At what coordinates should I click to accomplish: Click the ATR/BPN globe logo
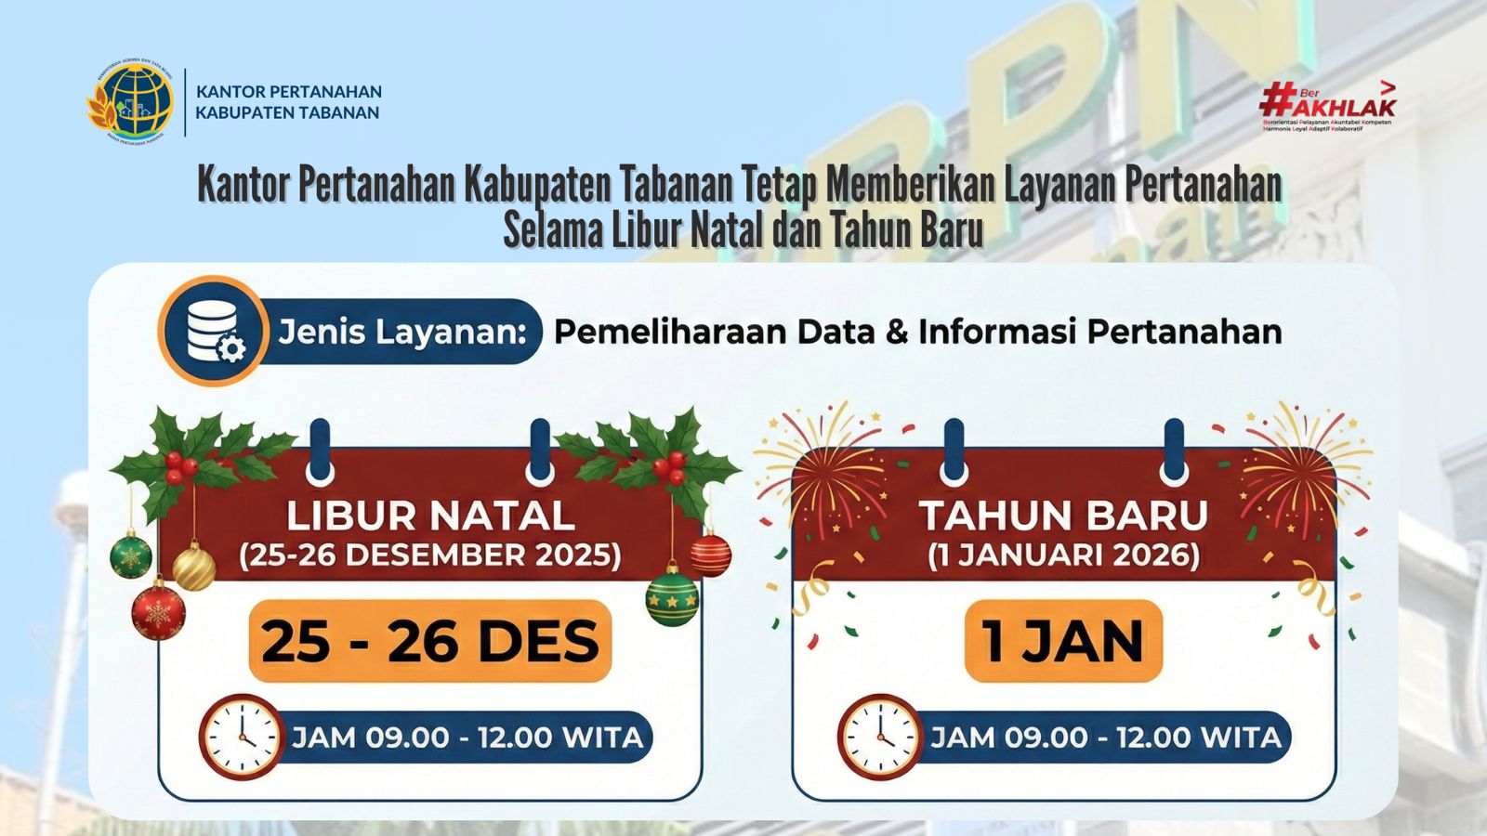pyautogui.click(x=131, y=102)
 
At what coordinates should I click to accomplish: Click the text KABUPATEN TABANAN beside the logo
pyautogui.click(x=287, y=112)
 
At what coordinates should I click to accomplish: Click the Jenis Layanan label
pyautogui.click(x=402, y=332)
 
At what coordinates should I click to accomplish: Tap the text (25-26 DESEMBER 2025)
pyautogui.click(x=430, y=555)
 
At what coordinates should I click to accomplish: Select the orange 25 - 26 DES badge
pyautogui.click(x=430, y=641)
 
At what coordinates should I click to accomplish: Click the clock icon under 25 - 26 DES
pyautogui.click(x=240, y=737)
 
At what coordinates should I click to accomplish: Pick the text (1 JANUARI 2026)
pyautogui.click(x=1063, y=555)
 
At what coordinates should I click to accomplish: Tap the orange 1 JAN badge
pyautogui.click(x=1063, y=641)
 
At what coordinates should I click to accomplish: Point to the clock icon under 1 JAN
pyautogui.click(x=878, y=737)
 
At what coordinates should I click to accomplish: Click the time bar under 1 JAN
pyautogui.click(x=1105, y=738)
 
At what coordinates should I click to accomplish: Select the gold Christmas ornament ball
pyautogui.click(x=194, y=568)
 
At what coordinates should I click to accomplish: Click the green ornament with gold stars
pyautogui.click(x=672, y=597)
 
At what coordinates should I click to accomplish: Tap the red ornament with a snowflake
pyautogui.click(x=158, y=611)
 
